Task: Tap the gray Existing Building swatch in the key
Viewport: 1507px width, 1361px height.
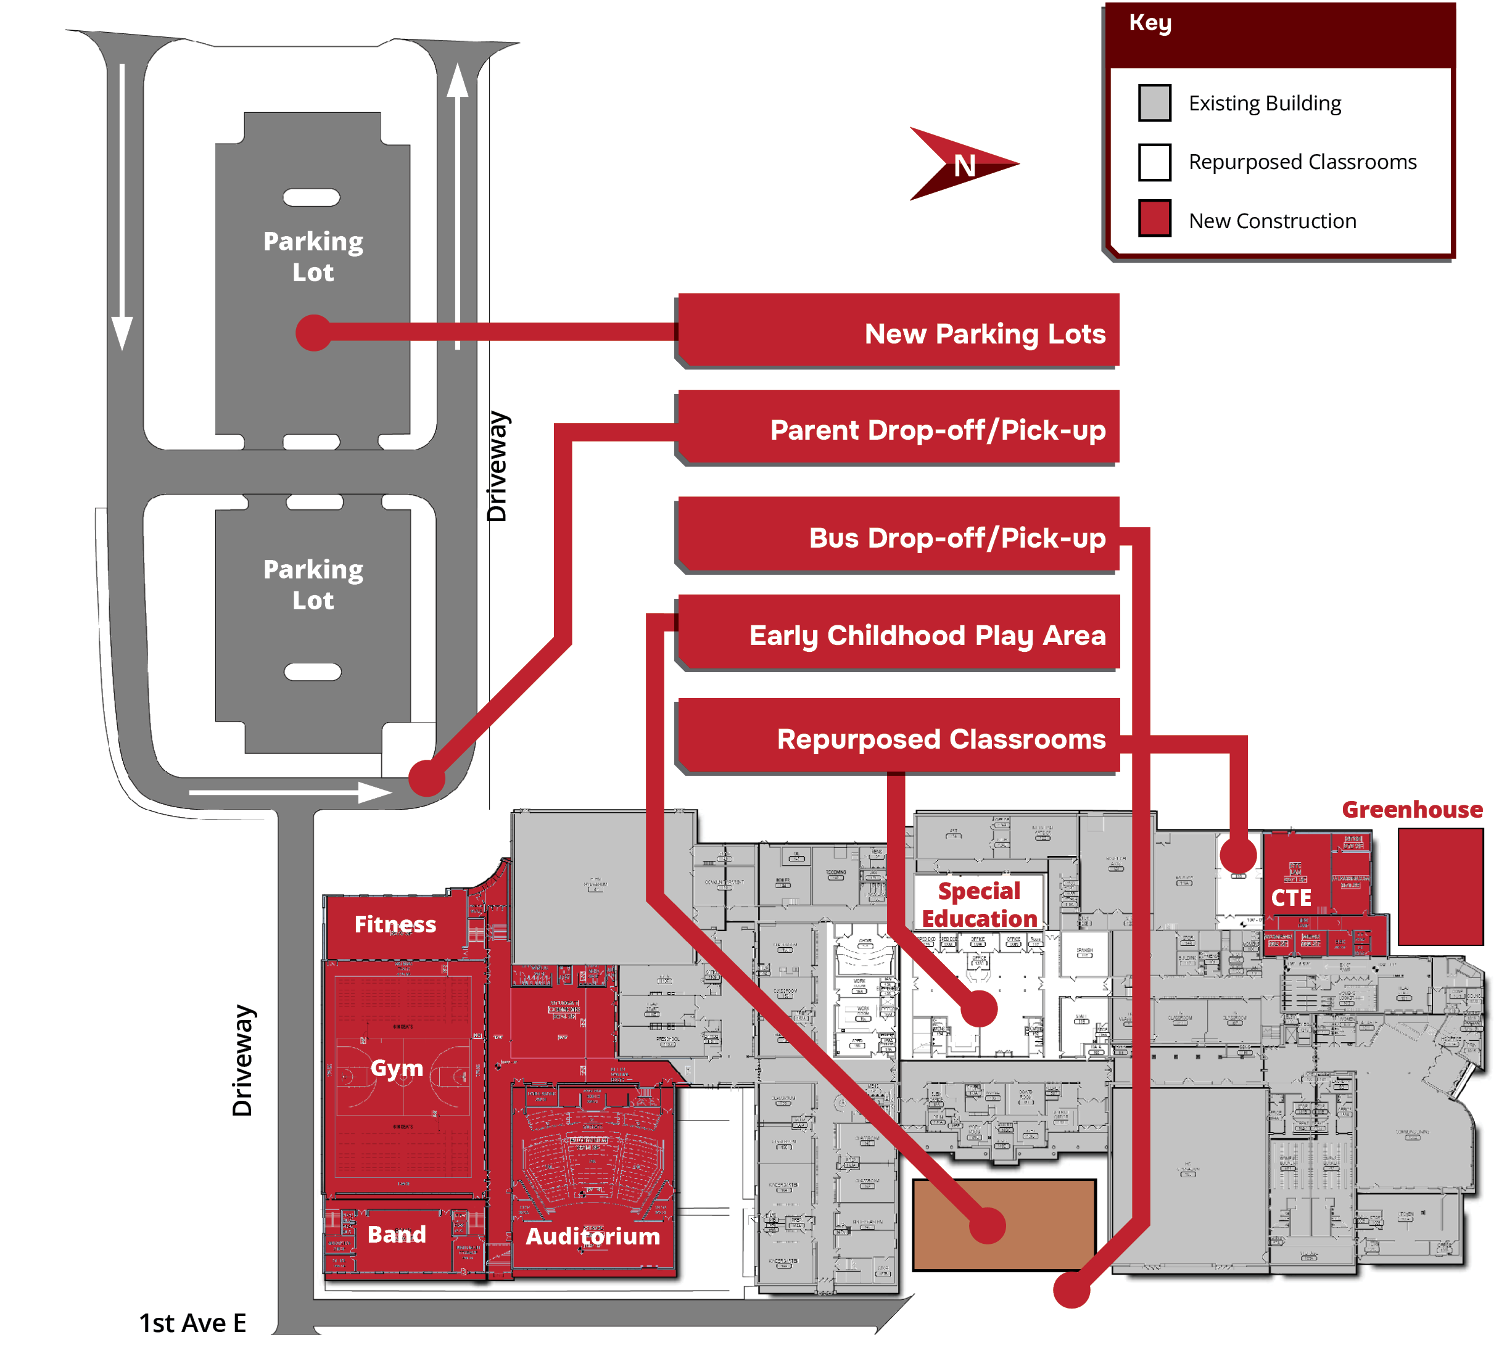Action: click(x=1154, y=102)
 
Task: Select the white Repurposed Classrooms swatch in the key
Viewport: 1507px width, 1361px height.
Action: click(x=1154, y=162)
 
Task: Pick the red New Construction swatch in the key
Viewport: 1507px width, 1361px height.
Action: click(x=1154, y=218)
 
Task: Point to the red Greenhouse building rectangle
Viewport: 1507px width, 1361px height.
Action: click(x=1440, y=886)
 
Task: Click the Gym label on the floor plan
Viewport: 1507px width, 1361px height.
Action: click(x=397, y=1067)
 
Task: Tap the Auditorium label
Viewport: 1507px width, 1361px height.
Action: click(x=593, y=1235)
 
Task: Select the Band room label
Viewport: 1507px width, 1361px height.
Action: click(x=396, y=1234)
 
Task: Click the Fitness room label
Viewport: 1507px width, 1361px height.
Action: click(x=395, y=924)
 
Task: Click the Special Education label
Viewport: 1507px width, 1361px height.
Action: click(x=978, y=904)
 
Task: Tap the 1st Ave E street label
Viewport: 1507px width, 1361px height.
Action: click(x=193, y=1323)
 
